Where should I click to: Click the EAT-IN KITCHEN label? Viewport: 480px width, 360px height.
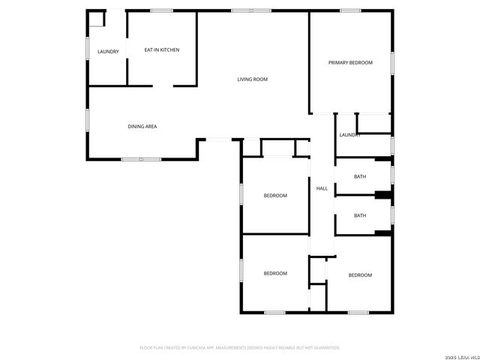(x=162, y=50)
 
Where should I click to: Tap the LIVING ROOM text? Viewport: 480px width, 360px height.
(x=253, y=79)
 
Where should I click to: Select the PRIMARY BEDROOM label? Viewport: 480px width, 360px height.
(x=350, y=63)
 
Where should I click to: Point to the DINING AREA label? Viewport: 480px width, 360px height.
(x=142, y=127)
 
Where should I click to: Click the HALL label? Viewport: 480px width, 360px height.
(x=322, y=188)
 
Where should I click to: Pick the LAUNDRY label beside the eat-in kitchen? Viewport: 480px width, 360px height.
(x=108, y=51)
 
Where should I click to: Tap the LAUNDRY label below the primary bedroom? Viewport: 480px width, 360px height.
(x=350, y=135)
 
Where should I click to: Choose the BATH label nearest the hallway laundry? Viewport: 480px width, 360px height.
(x=360, y=177)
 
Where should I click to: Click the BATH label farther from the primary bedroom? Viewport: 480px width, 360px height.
(x=360, y=215)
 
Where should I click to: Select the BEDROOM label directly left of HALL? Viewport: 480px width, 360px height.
(x=275, y=196)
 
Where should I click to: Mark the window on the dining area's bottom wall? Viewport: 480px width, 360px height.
(x=141, y=159)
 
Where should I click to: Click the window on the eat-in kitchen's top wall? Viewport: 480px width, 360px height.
(x=161, y=10)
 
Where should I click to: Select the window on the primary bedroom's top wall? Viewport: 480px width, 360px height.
(x=350, y=10)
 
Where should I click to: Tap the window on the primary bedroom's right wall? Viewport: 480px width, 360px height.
(x=392, y=64)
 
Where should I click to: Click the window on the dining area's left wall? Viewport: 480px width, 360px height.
(x=88, y=120)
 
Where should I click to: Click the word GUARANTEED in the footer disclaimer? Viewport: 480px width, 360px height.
(x=323, y=348)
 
